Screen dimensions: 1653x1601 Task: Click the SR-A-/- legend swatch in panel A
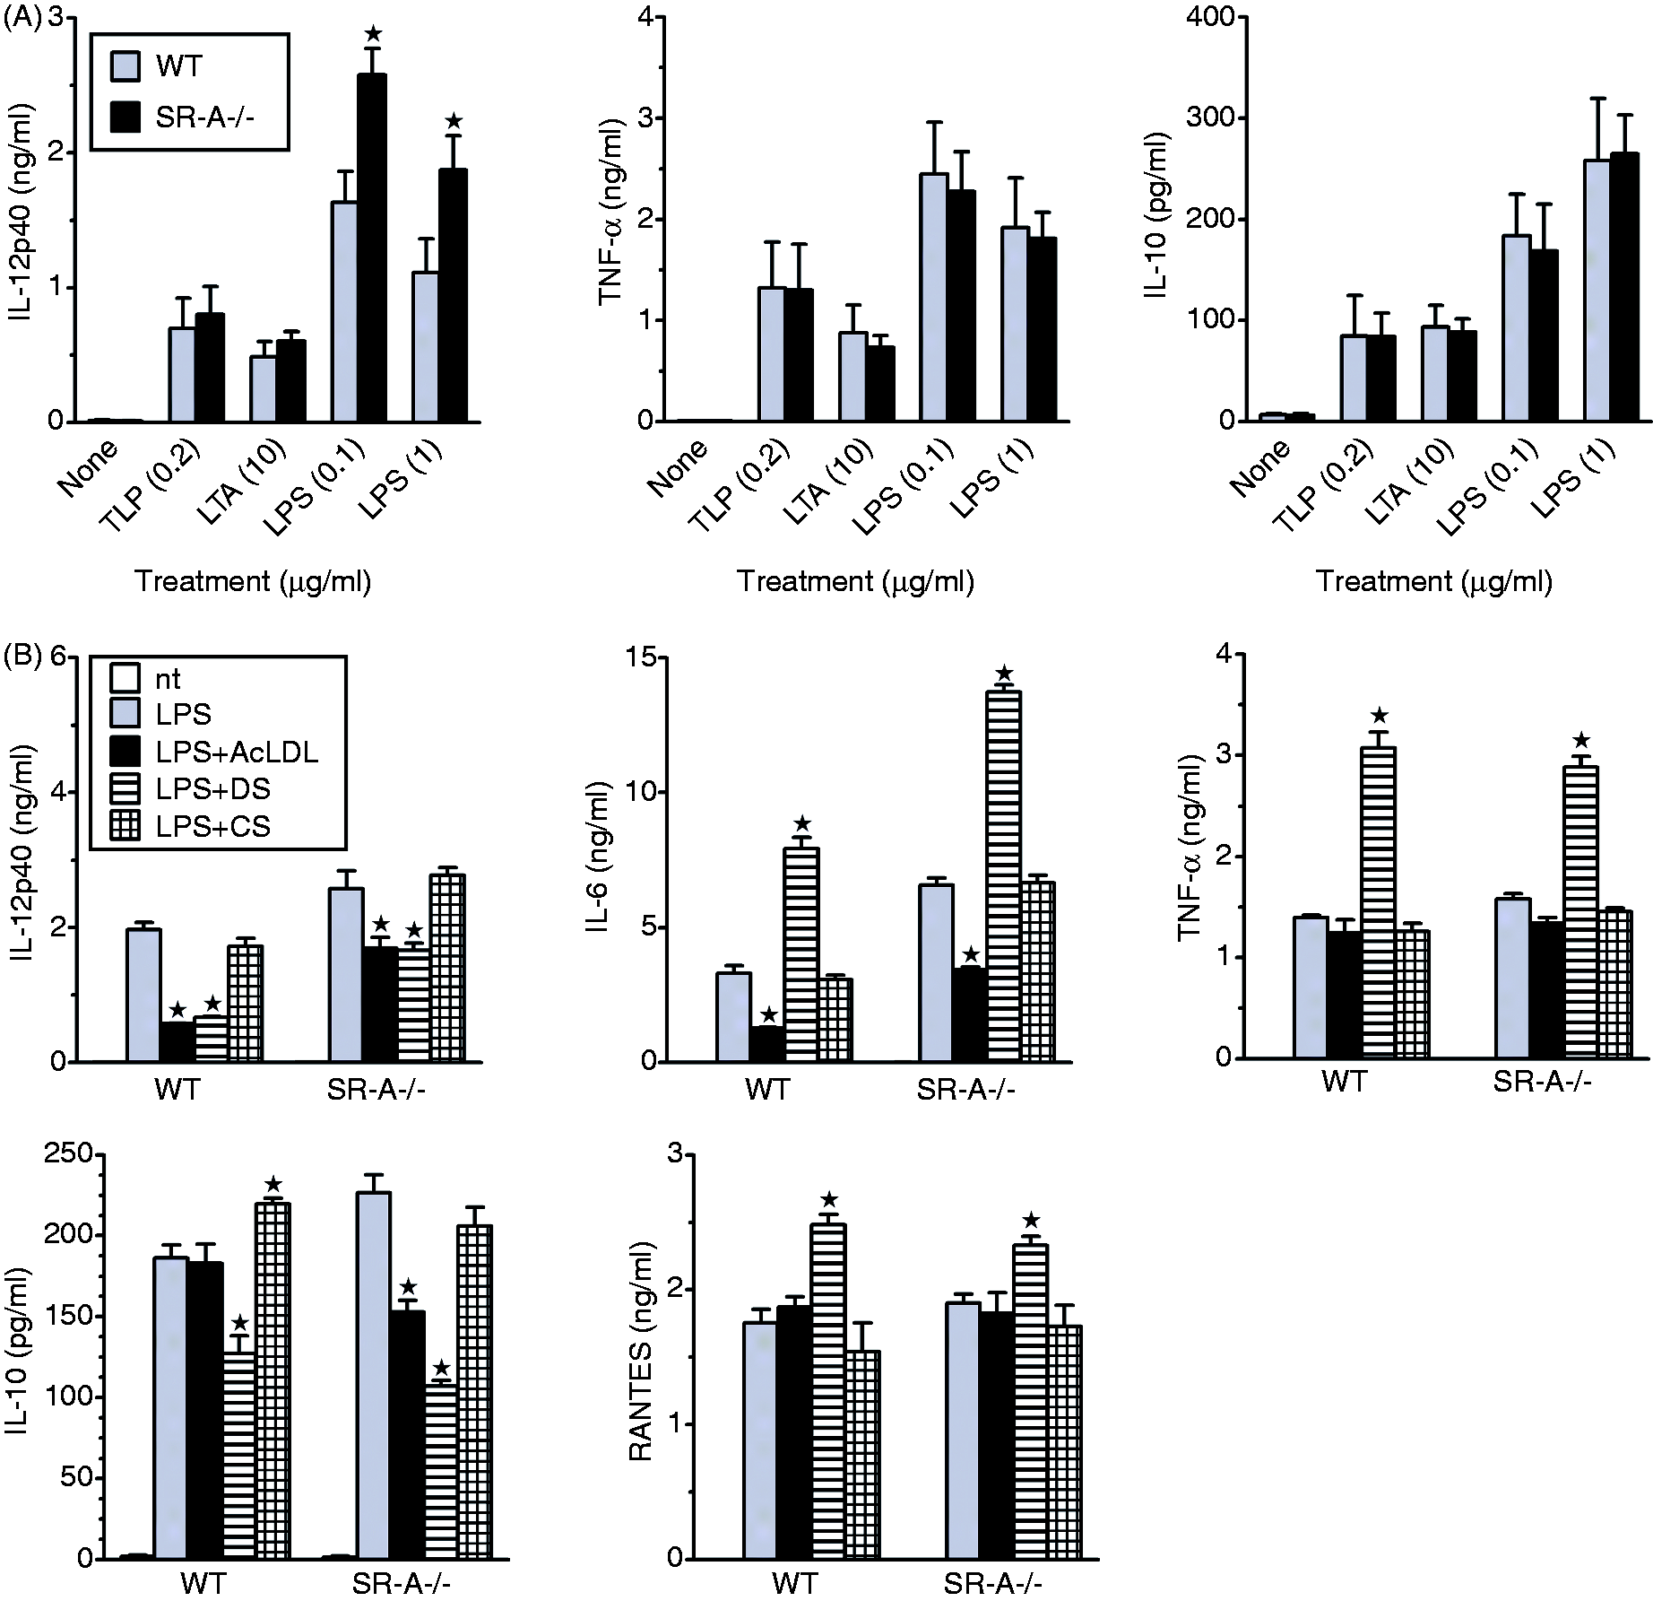(x=125, y=117)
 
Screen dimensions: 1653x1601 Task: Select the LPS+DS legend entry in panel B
(x=213, y=788)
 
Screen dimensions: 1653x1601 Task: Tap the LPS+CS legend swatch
(x=125, y=826)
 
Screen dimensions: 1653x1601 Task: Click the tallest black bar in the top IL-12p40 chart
(x=372, y=248)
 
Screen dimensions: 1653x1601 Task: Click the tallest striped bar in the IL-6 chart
(x=1004, y=876)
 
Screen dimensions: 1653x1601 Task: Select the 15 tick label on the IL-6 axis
(x=659, y=657)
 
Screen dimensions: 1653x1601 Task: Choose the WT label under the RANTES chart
(x=794, y=1583)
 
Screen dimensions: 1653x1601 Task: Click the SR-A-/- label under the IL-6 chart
(x=965, y=1090)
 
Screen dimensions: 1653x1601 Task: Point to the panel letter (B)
(x=22, y=657)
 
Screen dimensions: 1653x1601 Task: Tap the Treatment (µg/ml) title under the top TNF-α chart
(x=855, y=582)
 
